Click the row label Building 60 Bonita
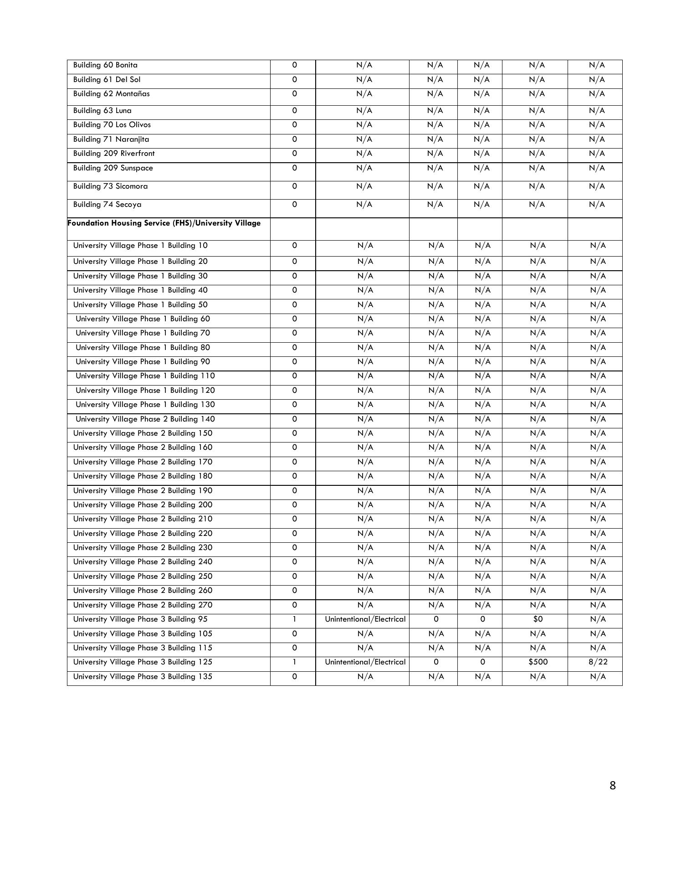(x=105, y=65)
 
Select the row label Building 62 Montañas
(x=111, y=94)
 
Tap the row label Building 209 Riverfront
(x=114, y=154)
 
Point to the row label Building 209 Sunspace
(x=113, y=168)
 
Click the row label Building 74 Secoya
(x=107, y=205)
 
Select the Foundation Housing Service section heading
(x=164, y=223)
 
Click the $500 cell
(x=538, y=662)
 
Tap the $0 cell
(x=538, y=619)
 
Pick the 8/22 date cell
(x=598, y=662)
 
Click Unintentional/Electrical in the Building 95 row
(x=365, y=619)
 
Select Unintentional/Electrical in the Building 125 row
(x=365, y=662)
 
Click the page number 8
(x=612, y=785)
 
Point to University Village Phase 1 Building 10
(x=140, y=246)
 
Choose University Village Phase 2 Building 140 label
(x=145, y=419)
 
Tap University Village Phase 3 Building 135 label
(x=143, y=677)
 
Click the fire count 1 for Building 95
(x=294, y=619)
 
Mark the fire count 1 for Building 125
(x=294, y=662)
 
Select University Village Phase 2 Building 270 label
(x=143, y=605)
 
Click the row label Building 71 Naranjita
(x=111, y=139)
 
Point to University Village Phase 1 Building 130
(x=145, y=405)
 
